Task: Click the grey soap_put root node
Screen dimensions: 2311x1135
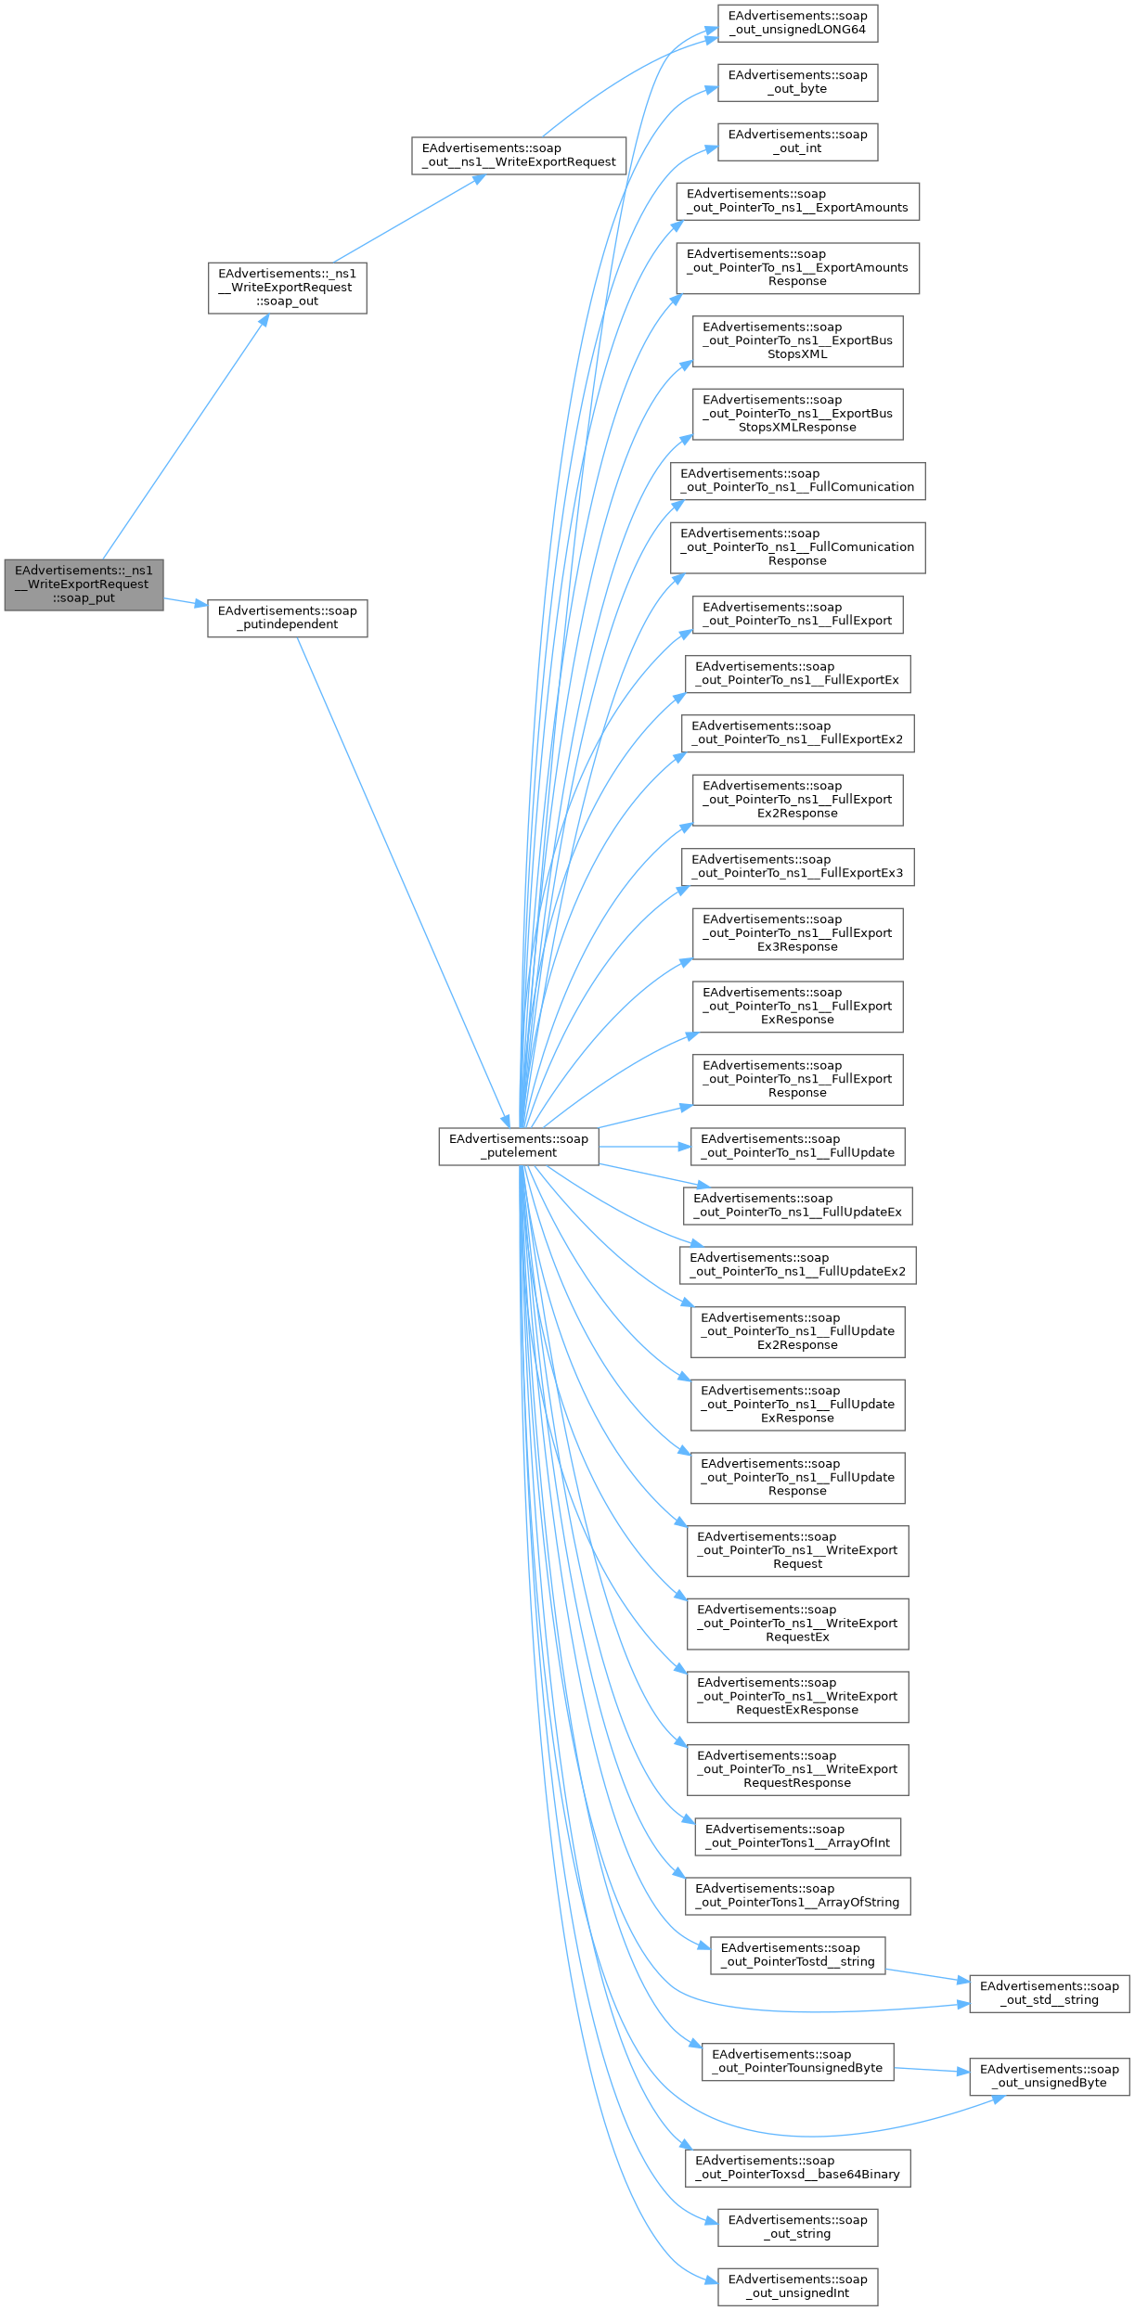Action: pos(84,584)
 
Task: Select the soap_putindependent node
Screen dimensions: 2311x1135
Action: pos(287,618)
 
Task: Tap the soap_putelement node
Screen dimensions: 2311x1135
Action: pos(519,1146)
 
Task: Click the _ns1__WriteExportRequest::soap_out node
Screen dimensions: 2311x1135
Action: pos(287,288)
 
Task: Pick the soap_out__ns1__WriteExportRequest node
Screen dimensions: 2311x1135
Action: pos(519,155)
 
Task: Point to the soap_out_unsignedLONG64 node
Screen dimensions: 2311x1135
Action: pos(797,23)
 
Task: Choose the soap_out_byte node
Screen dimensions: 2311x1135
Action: pos(797,83)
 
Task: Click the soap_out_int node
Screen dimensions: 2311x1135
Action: pos(797,142)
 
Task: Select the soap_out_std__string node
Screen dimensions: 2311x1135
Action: pos(1049,1993)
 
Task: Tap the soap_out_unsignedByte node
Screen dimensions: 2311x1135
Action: pos(1049,2075)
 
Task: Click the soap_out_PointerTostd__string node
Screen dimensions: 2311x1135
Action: pos(797,1955)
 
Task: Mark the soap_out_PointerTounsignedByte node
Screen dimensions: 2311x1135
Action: pos(797,2061)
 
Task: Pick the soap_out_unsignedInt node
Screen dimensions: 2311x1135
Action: pos(797,2286)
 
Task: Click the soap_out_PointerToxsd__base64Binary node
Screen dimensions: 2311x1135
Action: pos(797,2167)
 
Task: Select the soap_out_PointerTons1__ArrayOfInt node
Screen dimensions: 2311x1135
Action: pos(797,1836)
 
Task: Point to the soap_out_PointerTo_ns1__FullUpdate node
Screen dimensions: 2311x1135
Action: pos(797,1146)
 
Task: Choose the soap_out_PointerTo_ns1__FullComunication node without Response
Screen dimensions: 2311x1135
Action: pos(797,481)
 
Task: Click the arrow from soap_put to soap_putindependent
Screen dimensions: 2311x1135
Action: pos(186,602)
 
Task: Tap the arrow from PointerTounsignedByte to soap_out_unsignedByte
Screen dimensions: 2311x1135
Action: pos(932,2069)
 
